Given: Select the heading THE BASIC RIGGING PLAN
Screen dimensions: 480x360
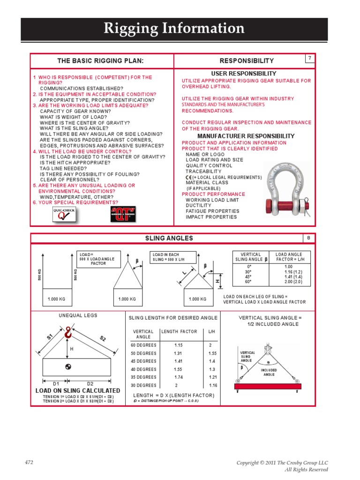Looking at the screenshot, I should tap(100, 61).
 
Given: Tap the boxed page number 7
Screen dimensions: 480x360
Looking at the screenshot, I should tap(309, 58).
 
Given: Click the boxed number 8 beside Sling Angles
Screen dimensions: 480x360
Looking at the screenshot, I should tap(309, 238).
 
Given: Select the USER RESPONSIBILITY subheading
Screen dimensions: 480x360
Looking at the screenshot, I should tap(243, 74).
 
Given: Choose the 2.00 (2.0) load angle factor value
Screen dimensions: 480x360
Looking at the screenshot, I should tap(293, 282).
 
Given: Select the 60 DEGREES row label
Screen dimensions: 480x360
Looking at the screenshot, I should tap(143, 345).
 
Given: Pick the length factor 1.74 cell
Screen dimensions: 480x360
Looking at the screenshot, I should tap(179, 377).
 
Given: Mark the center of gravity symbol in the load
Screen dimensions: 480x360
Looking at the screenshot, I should tap(68, 367).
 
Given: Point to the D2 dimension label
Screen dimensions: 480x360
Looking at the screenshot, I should tap(90, 383).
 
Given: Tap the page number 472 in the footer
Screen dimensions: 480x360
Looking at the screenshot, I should tap(29, 463).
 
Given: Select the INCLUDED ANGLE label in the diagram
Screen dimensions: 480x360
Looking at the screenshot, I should tap(269, 372).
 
